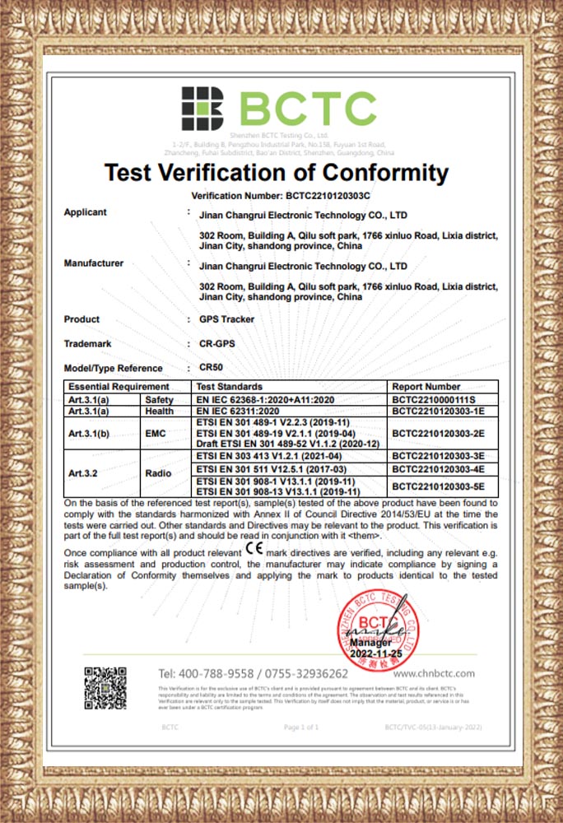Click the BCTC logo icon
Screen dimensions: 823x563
202,108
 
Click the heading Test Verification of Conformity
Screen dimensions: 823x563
277,173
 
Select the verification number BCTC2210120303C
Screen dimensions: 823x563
328,197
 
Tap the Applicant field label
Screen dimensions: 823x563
86,212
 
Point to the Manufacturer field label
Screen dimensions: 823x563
94,263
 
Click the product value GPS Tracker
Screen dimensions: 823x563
227,319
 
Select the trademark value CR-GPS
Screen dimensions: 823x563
218,344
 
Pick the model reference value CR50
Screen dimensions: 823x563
212,368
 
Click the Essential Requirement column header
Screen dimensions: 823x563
119,386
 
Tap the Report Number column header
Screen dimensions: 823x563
426,386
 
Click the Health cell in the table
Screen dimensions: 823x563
159,411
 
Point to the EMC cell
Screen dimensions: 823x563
156,432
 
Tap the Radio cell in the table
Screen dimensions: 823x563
158,473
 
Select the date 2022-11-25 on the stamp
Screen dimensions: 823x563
376,653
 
